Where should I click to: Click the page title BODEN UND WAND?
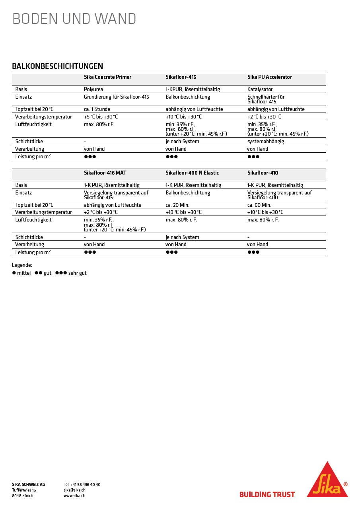coord(74,19)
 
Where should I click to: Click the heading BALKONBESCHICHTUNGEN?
coord(57,66)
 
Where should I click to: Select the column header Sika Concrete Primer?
coord(107,77)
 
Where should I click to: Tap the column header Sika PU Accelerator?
coord(269,77)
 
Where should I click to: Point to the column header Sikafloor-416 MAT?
coord(105,173)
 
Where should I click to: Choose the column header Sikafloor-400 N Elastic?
coord(192,173)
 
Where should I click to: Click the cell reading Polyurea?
coord(93,89)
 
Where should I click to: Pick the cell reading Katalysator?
coord(260,89)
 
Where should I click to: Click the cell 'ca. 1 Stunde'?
coord(97,109)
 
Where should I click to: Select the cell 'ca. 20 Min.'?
coord(177,205)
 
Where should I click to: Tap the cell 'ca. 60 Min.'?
coord(259,205)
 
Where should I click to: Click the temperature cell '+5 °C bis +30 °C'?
coord(101,117)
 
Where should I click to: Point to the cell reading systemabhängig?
coord(266,142)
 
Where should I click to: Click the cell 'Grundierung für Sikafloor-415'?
coord(116,97)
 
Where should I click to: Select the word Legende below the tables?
coord(22,265)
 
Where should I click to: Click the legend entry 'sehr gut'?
coord(77,273)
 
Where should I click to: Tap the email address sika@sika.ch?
coord(74,490)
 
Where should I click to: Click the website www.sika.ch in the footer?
coord(74,496)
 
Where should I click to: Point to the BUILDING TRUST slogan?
coord(267,495)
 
